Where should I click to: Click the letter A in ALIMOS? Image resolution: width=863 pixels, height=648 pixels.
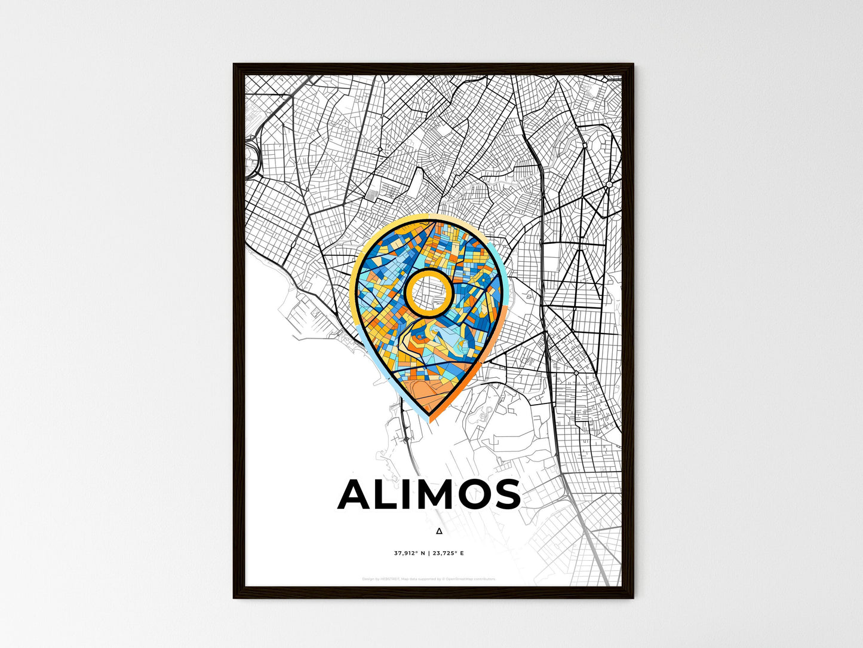357,495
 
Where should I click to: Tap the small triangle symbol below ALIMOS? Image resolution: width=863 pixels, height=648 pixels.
440,531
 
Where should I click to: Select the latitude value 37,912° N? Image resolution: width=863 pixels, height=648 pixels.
409,553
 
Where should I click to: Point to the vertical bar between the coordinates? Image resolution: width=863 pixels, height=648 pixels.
429,553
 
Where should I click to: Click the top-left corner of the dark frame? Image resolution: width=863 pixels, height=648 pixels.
234,65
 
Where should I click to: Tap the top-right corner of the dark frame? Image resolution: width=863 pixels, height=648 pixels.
632,65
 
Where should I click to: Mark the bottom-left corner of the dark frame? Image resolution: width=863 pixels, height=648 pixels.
234,597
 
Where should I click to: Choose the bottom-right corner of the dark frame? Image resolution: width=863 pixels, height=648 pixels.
632,597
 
